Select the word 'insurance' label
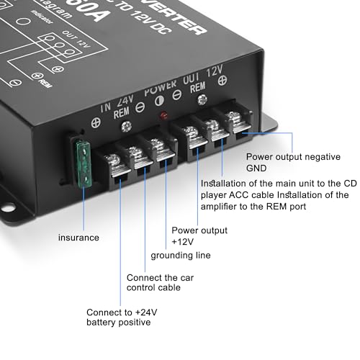(80, 237)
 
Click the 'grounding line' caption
(180, 256)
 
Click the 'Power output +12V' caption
(199, 236)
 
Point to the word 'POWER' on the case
(161, 93)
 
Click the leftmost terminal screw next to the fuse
(113, 158)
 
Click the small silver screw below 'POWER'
(127, 127)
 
